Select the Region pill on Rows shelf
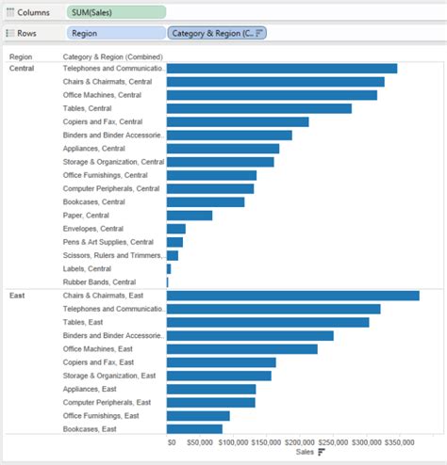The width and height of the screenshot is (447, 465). click(x=115, y=32)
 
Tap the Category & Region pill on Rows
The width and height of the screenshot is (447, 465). click(x=217, y=32)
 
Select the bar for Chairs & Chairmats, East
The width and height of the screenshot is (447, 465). click(x=292, y=296)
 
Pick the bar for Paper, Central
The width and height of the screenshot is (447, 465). click(x=189, y=216)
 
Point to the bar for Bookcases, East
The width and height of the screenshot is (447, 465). click(x=194, y=429)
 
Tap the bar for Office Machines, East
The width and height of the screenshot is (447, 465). click(x=241, y=349)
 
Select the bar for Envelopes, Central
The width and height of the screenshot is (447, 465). click(x=175, y=229)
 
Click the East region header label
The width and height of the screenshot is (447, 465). click(x=16, y=296)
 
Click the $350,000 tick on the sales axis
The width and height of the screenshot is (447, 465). click(x=397, y=441)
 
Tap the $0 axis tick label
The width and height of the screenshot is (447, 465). click(x=172, y=441)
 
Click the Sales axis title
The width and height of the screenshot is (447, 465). click(x=305, y=453)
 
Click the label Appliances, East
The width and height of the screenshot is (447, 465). click(x=90, y=389)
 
